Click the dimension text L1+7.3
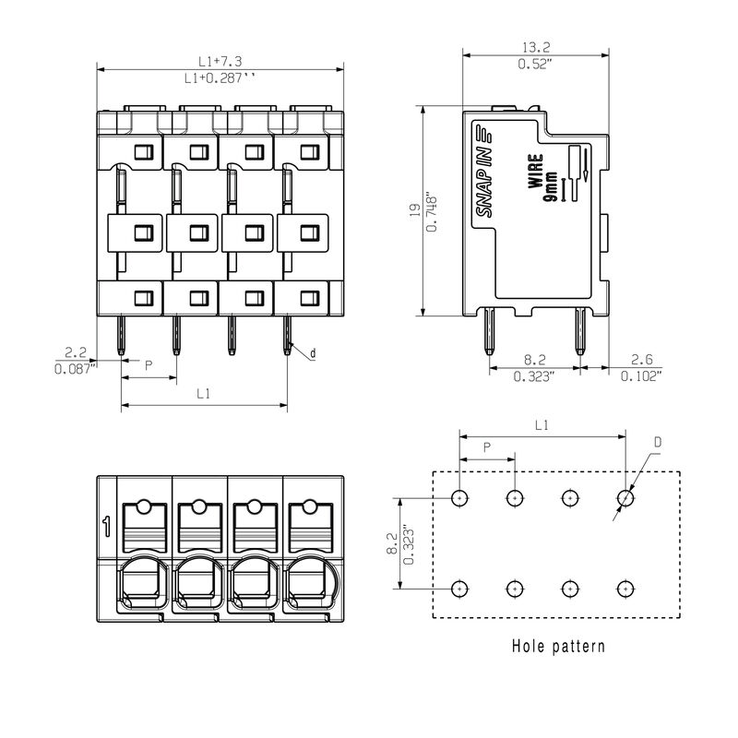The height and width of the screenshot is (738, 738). coord(220,61)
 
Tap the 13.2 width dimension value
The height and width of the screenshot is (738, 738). coord(536,47)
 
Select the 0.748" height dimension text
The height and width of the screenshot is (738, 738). coord(432,211)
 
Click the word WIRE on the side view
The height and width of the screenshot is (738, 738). coord(535,172)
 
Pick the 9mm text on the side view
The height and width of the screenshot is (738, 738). coord(550,187)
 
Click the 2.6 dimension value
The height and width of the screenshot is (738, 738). coord(641,360)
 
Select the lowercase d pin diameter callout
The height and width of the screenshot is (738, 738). coord(312,353)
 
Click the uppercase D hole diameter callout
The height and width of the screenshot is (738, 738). coord(658,442)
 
